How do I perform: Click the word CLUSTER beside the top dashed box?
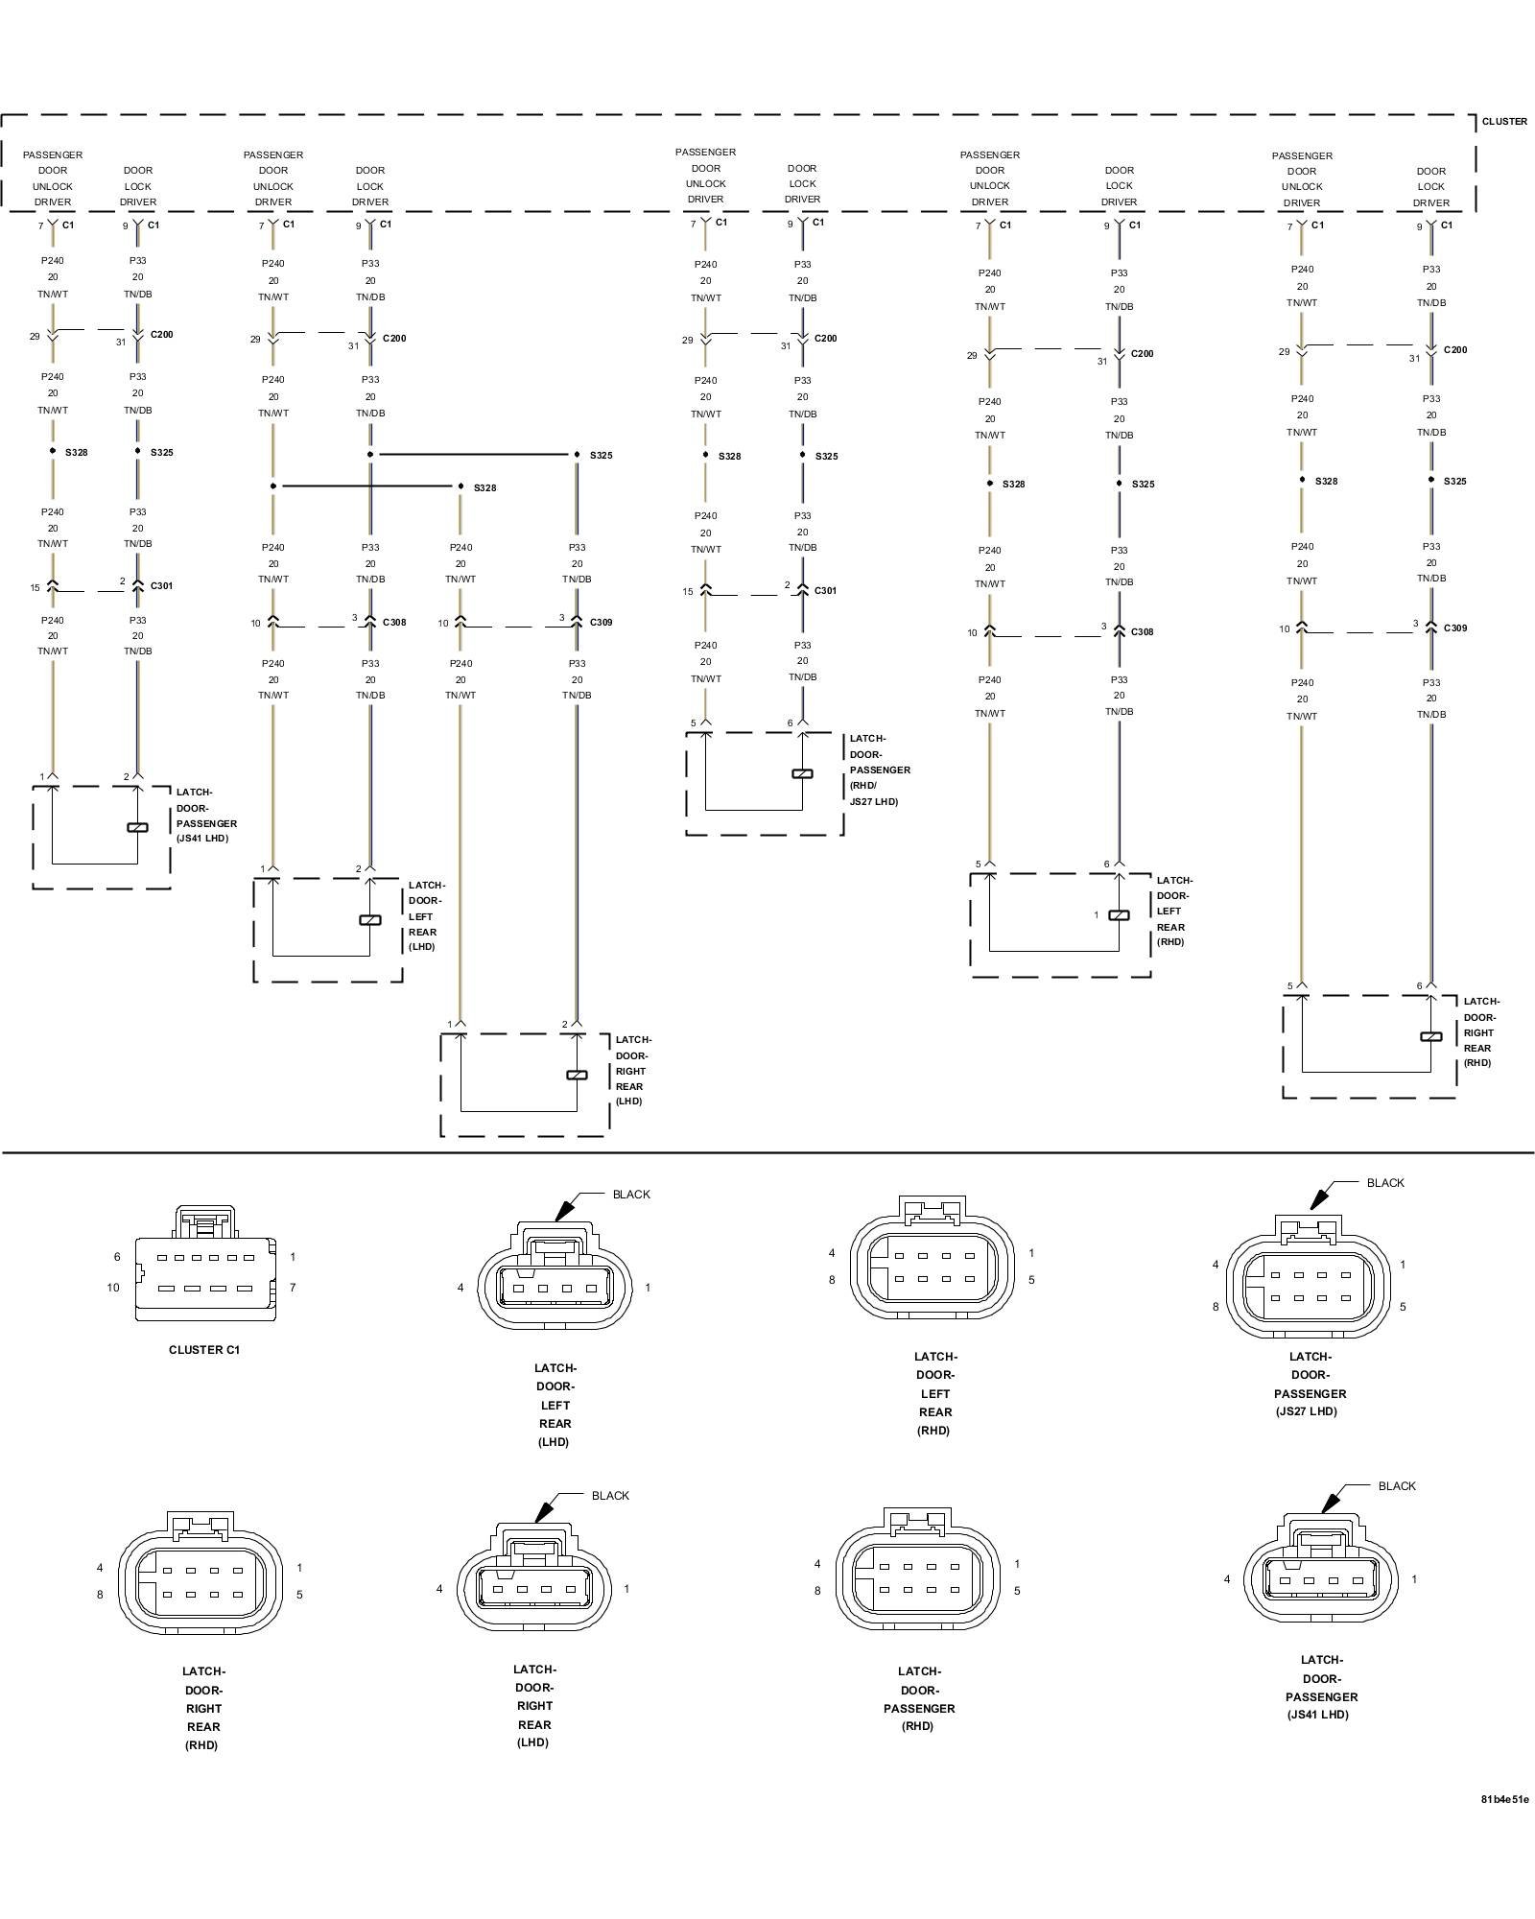[1503, 122]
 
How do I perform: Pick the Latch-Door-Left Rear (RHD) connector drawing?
[932, 1262]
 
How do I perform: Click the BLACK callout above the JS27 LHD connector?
[1384, 1183]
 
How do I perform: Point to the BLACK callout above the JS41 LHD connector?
[1396, 1486]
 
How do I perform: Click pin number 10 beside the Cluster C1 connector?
[113, 1288]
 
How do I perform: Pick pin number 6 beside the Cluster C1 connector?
[117, 1257]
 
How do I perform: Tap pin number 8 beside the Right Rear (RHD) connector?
[100, 1595]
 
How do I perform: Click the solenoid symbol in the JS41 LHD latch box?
[137, 827]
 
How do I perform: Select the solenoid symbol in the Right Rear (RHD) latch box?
[1430, 1036]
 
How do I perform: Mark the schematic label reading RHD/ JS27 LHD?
[874, 794]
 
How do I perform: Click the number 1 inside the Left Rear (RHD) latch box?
[1096, 915]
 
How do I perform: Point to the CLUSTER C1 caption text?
[204, 1350]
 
